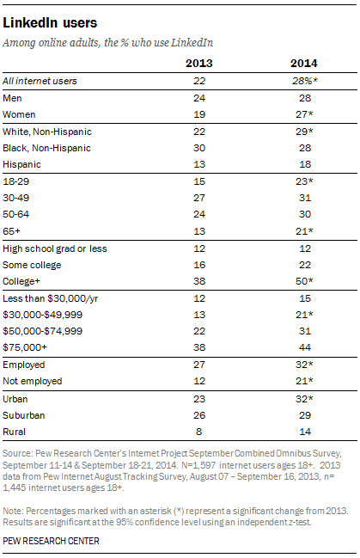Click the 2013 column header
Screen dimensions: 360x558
[198, 64]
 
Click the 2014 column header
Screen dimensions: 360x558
[303, 64]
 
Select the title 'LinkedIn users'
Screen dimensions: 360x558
[50, 22]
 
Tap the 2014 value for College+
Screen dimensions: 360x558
[304, 281]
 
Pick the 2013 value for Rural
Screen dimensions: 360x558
[198, 432]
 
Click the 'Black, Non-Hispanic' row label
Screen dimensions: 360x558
[46, 148]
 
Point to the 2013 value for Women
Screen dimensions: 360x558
[199, 114]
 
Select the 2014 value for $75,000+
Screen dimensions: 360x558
[305, 347]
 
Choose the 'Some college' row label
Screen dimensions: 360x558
[32, 265]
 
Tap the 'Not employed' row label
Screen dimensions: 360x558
[33, 381]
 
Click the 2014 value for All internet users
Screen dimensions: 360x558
[305, 81]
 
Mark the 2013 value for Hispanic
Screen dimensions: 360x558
[199, 164]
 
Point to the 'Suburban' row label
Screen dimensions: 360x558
[24, 415]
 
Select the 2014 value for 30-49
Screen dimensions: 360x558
[305, 198]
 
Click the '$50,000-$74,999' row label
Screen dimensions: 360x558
[43, 331]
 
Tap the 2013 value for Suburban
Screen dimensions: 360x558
[199, 415]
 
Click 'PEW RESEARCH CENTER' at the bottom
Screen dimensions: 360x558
[51, 541]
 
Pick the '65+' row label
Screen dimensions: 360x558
[11, 231]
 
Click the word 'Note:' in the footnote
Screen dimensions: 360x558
[13, 511]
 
